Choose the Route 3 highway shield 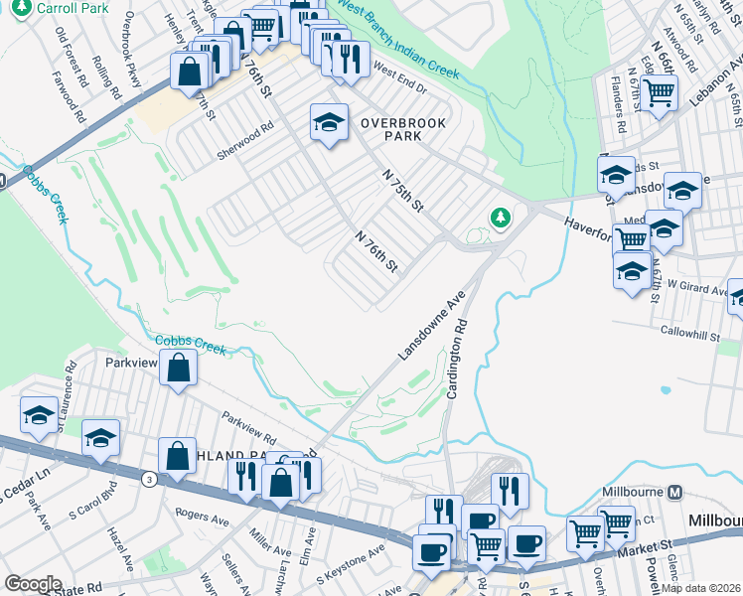(148, 480)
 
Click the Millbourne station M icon (675, 493)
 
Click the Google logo (33, 584)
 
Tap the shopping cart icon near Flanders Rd (659, 93)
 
